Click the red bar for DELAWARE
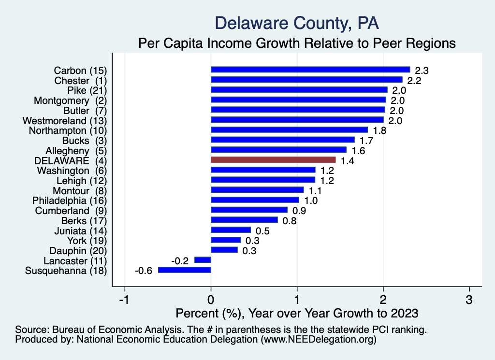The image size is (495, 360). pyautogui.click(x=273, y=160)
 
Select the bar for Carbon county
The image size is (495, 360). pyautogui.click(x=310, y=70)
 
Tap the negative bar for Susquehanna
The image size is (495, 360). pyautogui.click(x=185, y=270)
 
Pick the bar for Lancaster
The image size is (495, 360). pyautogui.click(x=203, y=260)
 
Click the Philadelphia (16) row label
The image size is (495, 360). pyautogui.click(x=69, y=200)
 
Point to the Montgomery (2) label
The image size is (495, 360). pyautogui.click(x=70, y=100)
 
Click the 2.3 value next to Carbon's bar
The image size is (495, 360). pyautogui.click(x=422, y=70)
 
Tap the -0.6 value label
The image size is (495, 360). pyautogui.click(x=143, y=271)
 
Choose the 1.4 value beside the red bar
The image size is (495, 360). pyautogui.click(x=348, y=160)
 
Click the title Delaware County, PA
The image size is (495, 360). pyautogui.click(x=297, y=23)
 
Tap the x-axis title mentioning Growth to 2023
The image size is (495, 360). pyautogui.click(x=297, y=313)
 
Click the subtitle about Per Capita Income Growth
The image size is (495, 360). pyautogui.click(x=297, y=43)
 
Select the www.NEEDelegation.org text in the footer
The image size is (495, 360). pyautogui.click(x=318, y=339)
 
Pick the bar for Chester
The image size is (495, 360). pyautogui.click(x=306, y=80)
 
